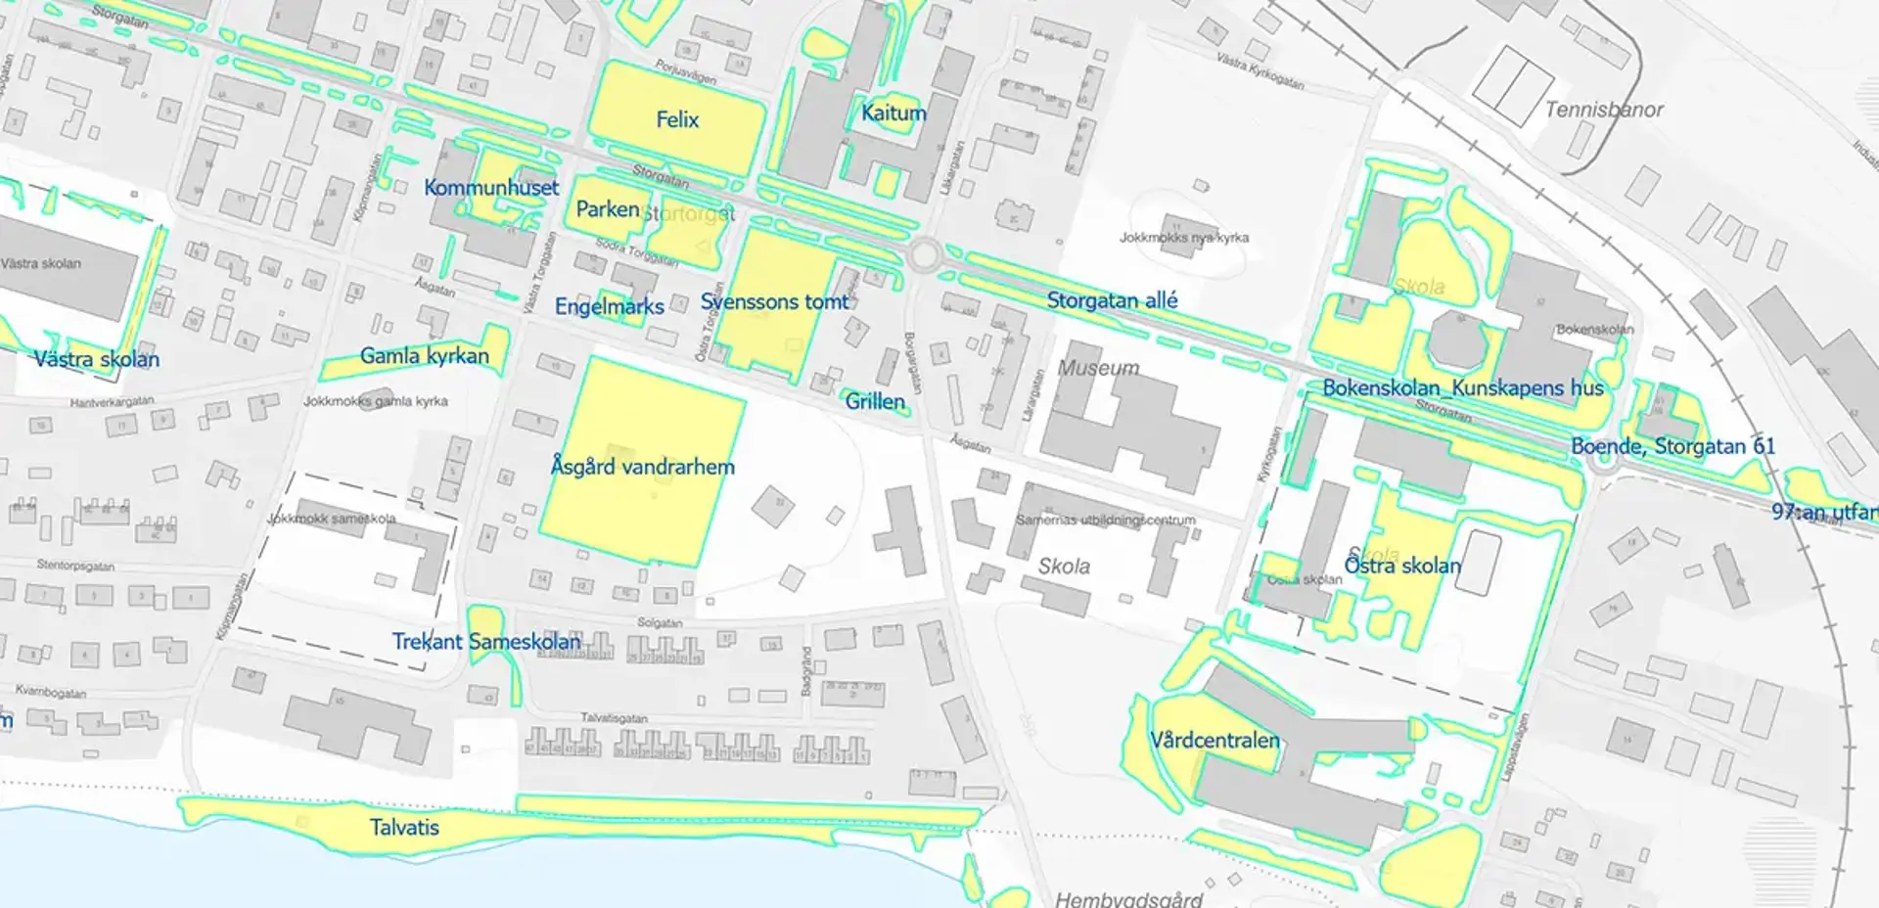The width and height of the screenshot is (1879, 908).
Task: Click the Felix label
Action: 677,120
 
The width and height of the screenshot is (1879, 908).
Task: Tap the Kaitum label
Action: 893,113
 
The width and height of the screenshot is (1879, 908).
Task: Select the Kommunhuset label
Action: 491,188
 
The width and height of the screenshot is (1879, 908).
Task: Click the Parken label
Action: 607,209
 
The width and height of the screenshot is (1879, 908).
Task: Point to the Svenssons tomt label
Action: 774,302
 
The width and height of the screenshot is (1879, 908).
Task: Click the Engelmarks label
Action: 609,307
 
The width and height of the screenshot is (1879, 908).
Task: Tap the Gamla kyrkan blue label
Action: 424,356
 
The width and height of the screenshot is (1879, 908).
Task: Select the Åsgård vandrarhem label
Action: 642,467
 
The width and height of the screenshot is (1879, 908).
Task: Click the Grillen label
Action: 875,401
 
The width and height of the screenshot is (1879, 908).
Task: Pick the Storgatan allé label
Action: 1112,300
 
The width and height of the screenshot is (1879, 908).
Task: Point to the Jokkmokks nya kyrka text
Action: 1184,238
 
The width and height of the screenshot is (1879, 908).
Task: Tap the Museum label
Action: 1098,368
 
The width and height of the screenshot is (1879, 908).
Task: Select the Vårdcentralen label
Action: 1214,741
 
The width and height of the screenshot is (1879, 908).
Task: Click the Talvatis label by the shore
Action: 404,828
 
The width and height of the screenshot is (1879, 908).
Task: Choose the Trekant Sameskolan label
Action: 486,642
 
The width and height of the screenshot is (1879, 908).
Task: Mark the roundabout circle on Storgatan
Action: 924,256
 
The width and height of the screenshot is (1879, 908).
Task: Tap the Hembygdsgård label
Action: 1127,898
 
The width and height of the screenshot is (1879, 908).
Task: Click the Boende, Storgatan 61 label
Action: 1673,447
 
